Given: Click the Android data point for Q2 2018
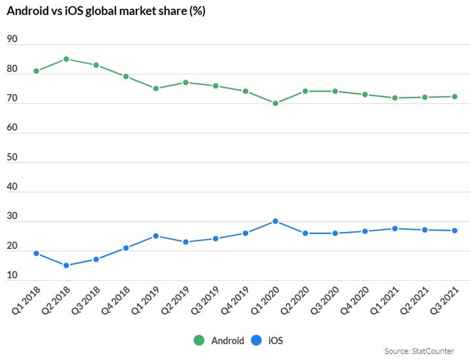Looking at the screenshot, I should [67, 59].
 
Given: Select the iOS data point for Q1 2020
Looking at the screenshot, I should [275, 221].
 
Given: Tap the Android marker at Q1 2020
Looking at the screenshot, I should [275, 103].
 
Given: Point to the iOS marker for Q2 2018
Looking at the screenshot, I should [67, 265].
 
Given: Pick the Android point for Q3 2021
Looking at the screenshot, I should [454, 97].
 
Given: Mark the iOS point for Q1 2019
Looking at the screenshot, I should [156, 236].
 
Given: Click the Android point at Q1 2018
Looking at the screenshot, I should [37, 71].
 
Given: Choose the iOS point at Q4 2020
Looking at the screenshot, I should [365, 231].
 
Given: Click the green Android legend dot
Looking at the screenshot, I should [199, 340].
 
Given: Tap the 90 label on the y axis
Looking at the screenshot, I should [12, 40].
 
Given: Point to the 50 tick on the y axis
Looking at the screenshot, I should [12, 158].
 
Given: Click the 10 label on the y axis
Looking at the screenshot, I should [12, 276].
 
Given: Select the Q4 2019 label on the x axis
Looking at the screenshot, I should [236, 300].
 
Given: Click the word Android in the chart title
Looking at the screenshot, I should [27, 11].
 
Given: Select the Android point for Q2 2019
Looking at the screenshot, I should [186, 83].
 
